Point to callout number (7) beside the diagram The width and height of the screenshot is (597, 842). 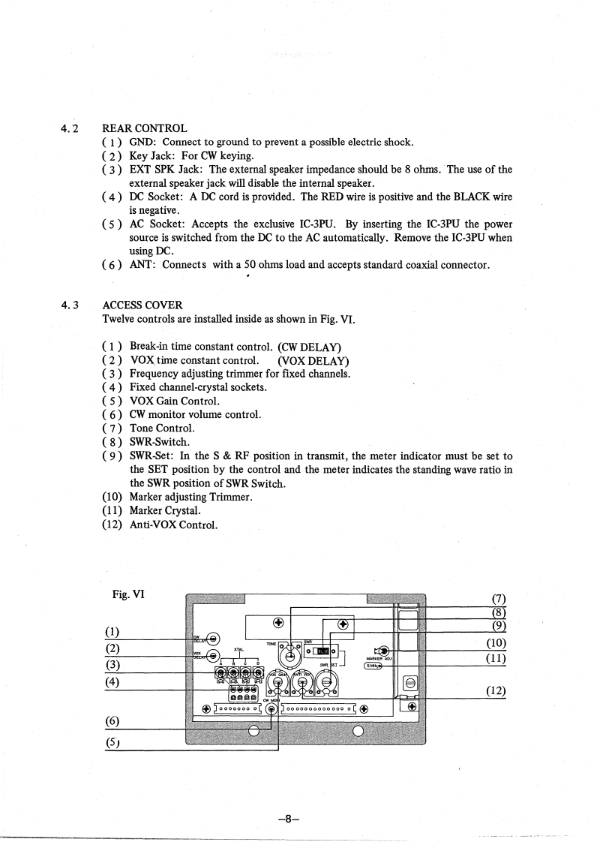point(496,598)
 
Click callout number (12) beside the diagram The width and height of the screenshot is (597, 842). point(496,691)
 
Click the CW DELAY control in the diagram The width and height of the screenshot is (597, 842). point(214,639)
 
